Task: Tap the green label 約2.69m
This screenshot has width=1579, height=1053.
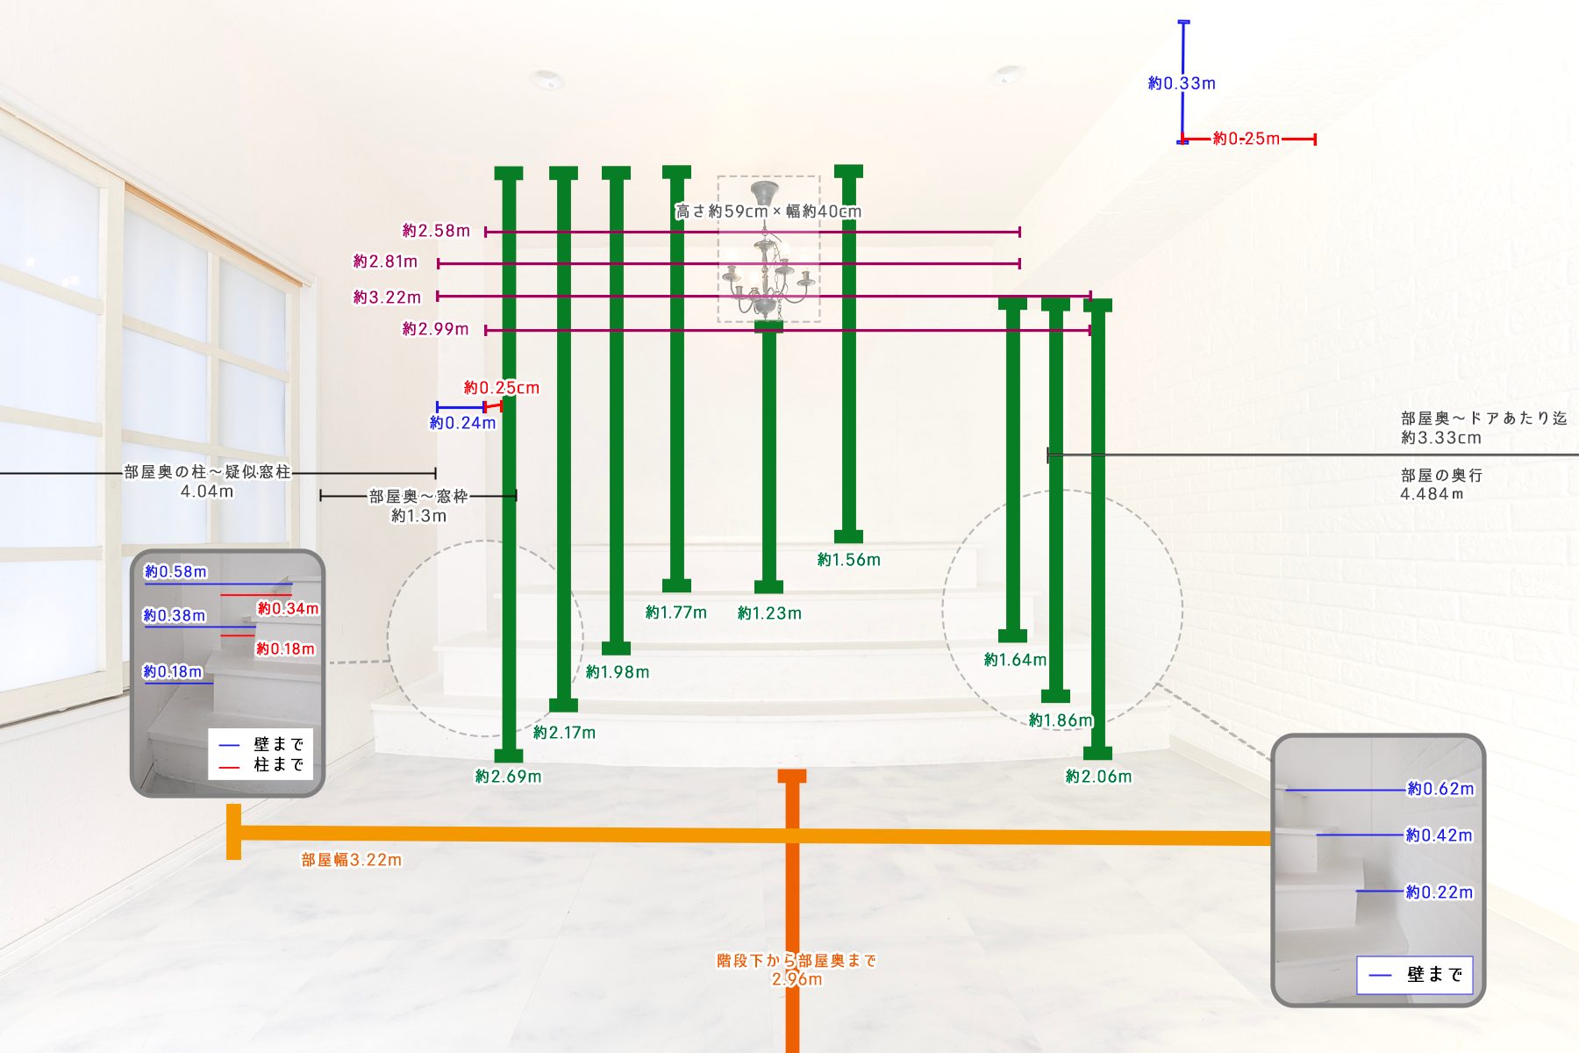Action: click(x=509, y=777)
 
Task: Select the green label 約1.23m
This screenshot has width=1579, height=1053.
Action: click(x=769, y=613)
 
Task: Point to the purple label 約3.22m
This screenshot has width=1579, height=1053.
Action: click(x=387, y=297)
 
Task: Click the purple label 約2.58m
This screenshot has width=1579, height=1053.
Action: click(x=436, y=231)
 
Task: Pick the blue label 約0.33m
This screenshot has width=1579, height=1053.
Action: click(x=1182, y=83)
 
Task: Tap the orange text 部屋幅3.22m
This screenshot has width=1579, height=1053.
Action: click(x=352, y=860)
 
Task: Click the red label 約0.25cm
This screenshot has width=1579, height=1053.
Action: click(x=502, y=388)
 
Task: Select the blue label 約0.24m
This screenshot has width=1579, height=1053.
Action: click(x=462, y=423)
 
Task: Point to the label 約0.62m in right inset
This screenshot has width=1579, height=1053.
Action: click(x=1440, y=789)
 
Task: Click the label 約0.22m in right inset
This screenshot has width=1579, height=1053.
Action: click(x=1440, y=892)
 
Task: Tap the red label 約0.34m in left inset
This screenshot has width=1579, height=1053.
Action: click(x=288, y=608)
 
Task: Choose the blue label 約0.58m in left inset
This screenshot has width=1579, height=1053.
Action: click(x=175, y=572)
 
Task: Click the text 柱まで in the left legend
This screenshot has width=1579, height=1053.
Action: click(x=279, y=764)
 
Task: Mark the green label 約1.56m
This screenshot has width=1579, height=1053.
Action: click(x=849, y=560)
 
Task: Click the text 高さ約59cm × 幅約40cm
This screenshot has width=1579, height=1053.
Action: click(x=768, y=211)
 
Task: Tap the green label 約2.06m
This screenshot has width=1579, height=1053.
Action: click(x=1099, y=777)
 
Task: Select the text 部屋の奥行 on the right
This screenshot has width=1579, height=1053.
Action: click(x=1441, y=476)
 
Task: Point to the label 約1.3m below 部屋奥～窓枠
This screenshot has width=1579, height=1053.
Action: click(x=418, y=516)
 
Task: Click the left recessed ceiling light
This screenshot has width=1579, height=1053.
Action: click(x=547, y=79)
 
